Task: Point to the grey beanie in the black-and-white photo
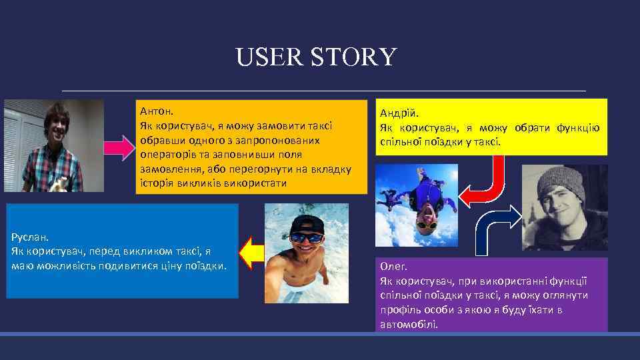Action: [x=562, y=179]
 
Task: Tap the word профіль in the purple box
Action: [x=399, y=310]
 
